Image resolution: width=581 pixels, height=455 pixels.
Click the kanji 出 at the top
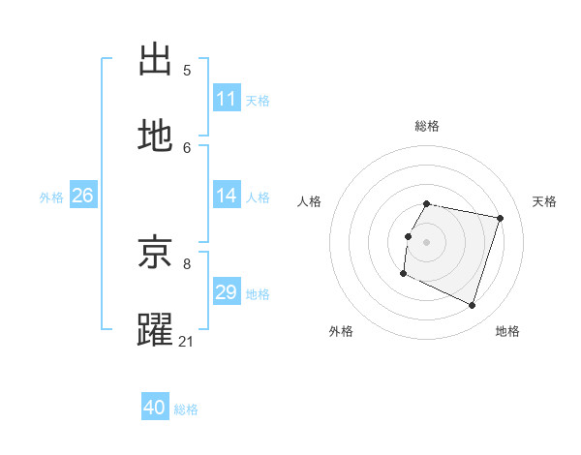[156, 59]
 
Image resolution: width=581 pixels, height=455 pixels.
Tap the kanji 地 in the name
[156, 136]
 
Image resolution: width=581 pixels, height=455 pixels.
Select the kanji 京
[156, 253]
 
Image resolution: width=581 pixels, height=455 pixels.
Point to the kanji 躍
[156, 330]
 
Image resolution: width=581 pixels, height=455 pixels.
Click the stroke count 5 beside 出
[187, 70]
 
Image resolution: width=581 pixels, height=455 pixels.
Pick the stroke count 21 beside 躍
[187, 341]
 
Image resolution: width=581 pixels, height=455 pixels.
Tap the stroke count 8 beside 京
[187, 263]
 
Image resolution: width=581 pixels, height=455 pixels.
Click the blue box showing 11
[227, 99]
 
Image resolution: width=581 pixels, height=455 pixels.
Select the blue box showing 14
[227, 196]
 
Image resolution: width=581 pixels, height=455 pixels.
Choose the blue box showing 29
[227, 292]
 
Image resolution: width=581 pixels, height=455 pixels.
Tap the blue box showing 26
[82, 196]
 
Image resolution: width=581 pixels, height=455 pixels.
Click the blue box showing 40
[155, 408]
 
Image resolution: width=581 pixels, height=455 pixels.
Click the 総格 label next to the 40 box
[186, 409]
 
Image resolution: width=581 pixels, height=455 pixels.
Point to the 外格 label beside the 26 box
[51, 197]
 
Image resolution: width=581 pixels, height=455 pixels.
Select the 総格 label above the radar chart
[427, 126]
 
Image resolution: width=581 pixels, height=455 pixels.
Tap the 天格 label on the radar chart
[544, 201]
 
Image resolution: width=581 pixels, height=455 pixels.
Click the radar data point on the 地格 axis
[473, 306]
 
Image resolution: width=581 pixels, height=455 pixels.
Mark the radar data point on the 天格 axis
[501, 219]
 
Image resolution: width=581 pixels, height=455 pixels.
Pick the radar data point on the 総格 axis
[427, 204]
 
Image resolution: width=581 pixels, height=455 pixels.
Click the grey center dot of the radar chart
[427, 242]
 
